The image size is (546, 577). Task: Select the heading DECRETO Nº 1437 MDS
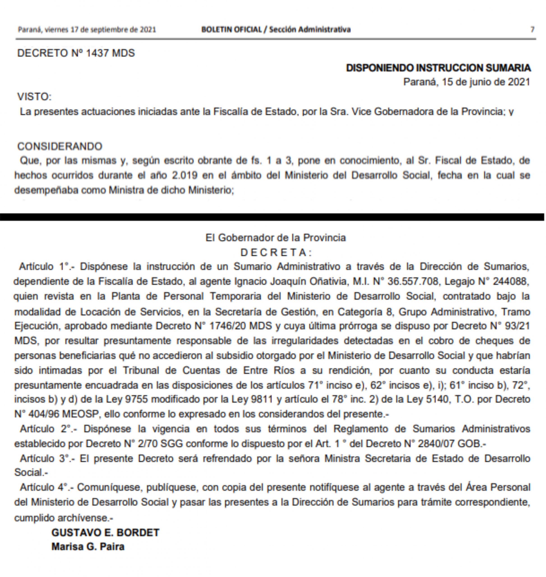point(76,53)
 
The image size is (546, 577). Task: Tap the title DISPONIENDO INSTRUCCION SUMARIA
point(438,68)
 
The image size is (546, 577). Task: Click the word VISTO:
point(34,96)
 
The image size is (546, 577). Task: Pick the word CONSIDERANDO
point(60,146)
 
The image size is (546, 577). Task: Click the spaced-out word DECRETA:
point(276,252)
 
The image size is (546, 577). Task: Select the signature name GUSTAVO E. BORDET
point(105,533)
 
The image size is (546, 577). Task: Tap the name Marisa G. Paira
point(88,547)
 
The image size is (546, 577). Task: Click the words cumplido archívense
point(63,518)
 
